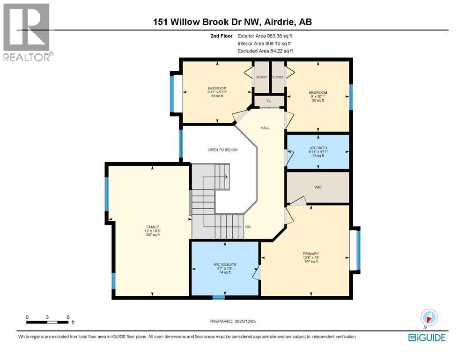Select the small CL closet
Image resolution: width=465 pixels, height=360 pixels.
click(x=269, y=101)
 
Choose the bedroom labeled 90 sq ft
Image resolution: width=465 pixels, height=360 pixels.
click(x=317, y=96)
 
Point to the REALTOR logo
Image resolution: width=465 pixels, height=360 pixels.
click(x=27, y=31)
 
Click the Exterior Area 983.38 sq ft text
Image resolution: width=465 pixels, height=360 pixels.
click(x=267, y=36)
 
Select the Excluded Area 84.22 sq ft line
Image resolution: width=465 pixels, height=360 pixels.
click(x=267, y=51)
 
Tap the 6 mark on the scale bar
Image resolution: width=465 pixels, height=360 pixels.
click(x=68, y=317)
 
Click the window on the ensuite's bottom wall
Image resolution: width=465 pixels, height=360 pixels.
click(x=218, y=297)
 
